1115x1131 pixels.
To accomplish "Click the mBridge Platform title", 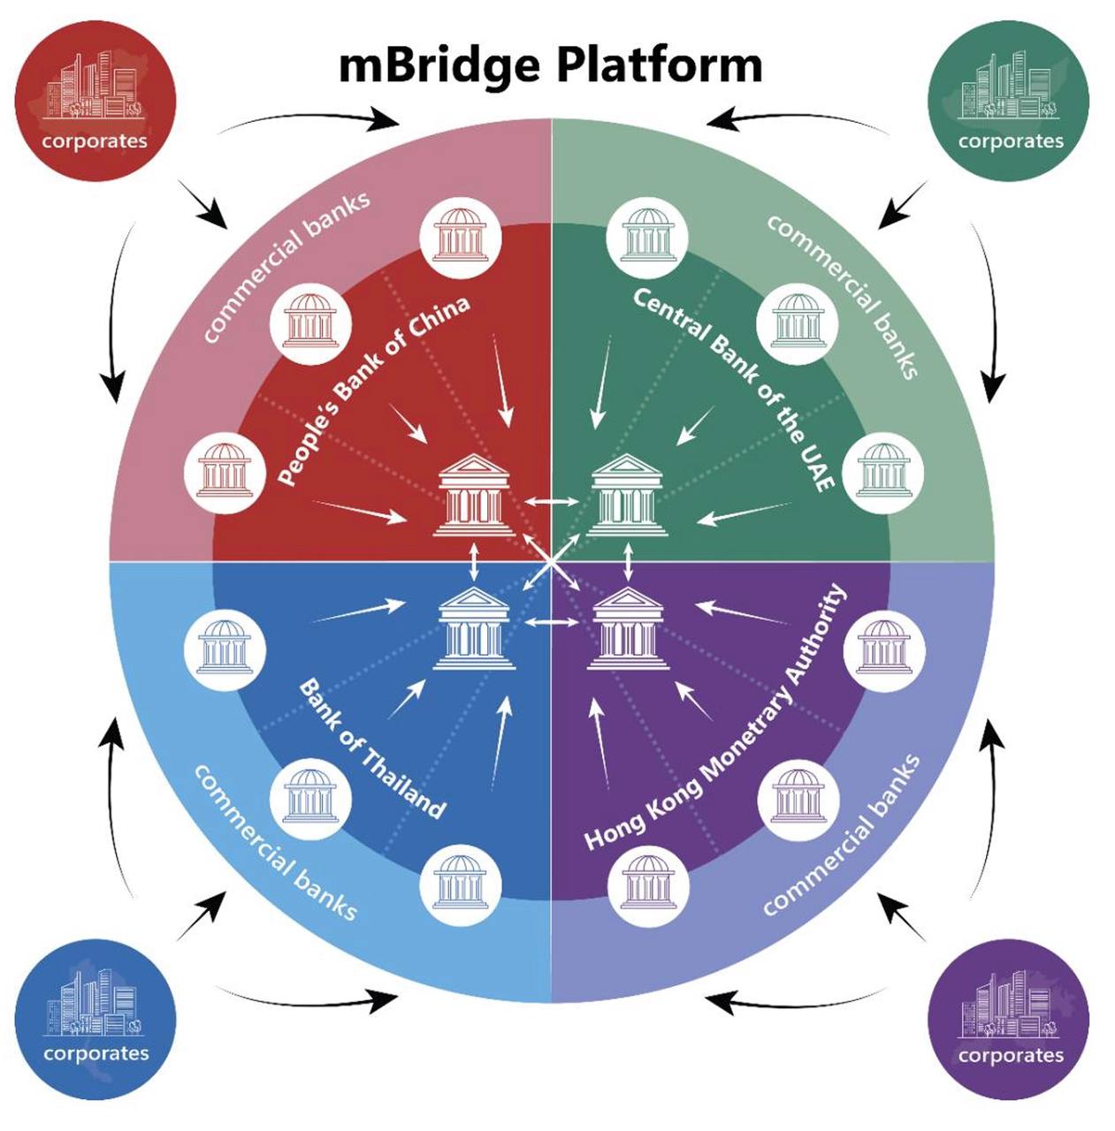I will coord(550,65).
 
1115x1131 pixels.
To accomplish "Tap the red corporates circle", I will coord(95,100).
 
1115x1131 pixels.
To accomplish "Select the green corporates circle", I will coord(1009,100).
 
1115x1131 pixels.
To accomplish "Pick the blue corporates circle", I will coord(95,1019).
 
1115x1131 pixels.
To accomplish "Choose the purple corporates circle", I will coord(1009,1019).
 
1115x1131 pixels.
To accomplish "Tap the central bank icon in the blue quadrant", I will coord(474,628).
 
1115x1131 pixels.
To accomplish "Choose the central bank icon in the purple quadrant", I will coord(627,628).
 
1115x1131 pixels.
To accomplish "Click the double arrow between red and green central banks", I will coord(550,502).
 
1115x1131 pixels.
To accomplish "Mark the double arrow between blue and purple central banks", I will coord(550,623).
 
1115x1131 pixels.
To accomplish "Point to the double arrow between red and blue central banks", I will coord(475,562).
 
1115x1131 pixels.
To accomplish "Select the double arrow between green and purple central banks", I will coord(628,562).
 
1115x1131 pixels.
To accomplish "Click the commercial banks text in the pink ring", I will coord(285,266).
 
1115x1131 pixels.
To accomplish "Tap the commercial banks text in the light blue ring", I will coord(274,842).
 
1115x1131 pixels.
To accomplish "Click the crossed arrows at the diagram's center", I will coord(551,562).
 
